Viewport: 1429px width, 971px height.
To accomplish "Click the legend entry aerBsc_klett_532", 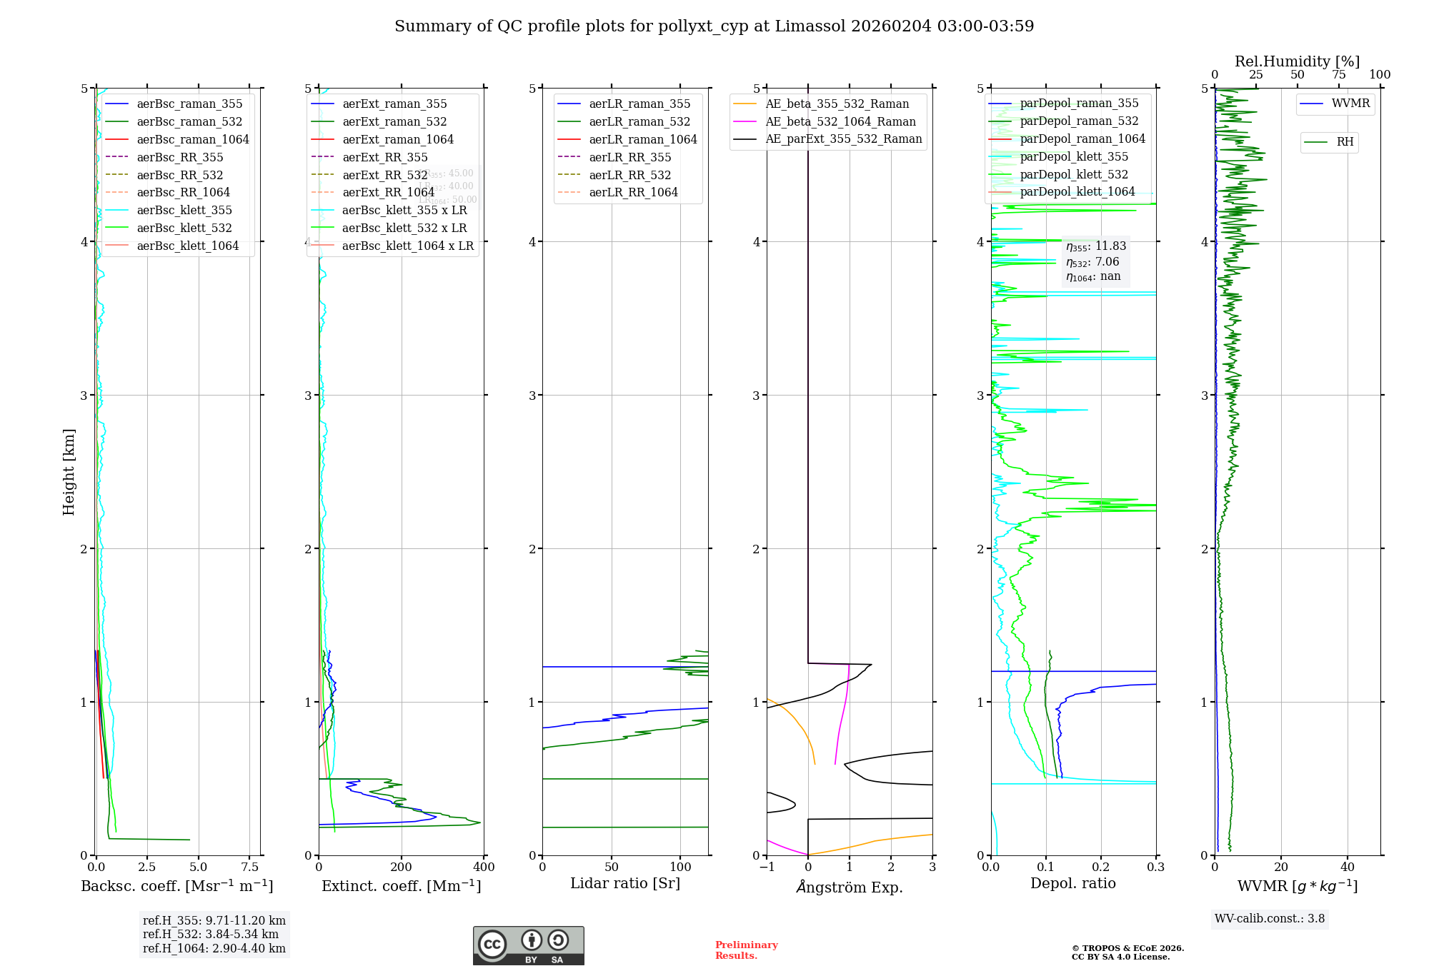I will tap(184, 228).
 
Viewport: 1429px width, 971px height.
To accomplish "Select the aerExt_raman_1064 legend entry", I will tap(398, 140).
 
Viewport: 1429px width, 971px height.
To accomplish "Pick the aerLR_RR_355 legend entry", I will tap(629, 158).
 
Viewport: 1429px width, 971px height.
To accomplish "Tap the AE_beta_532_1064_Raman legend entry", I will tap(840, 122).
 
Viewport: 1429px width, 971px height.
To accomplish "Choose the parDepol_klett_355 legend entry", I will tap(1074, 157).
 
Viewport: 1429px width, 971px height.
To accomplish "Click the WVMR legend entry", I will tap(1350, 104).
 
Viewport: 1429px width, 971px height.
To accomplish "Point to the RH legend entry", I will tap(1345, 142).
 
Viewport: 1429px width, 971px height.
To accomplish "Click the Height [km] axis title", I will tap(69, 472).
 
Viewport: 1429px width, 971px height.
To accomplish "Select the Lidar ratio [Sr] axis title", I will tap(625, 884).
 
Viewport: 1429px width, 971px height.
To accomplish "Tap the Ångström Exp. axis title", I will tap(850, 887).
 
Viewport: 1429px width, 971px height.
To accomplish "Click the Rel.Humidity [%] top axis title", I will tap(1297, 61).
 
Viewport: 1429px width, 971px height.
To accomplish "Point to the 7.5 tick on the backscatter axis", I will tap(249, 867).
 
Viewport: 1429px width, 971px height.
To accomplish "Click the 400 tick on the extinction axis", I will tap(484, 867).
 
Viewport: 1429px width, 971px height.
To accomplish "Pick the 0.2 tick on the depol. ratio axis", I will tap(1101, 867).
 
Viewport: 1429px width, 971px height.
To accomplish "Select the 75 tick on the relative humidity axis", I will tap(1338, 75).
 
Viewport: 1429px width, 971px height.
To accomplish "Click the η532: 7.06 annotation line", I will tap(1092, 262).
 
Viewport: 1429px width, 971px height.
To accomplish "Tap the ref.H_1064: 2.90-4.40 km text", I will tap(214, 949).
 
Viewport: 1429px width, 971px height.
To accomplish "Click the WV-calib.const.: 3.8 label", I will tap(1270, 919).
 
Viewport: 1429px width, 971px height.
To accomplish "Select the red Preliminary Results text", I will tap(746, 950).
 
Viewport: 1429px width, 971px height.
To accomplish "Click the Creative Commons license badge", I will tap(528, 946).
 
